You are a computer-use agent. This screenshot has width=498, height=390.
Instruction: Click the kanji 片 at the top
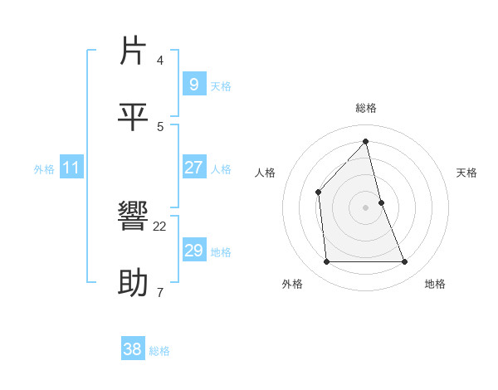[x=134, y=51]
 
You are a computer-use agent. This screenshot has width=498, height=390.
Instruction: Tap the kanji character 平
[x=134, y=117]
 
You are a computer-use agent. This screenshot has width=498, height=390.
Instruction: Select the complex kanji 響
[x=134, y=217]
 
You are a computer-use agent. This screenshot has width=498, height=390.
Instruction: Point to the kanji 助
[x=134, y=283]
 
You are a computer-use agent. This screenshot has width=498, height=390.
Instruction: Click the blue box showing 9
[x=193, y=84]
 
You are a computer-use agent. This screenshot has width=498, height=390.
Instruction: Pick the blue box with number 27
[x=193, y=167]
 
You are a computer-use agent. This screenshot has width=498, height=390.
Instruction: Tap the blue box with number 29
[x=193, y=250]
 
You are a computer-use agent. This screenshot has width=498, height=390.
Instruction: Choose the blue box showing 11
[x=71, y=168]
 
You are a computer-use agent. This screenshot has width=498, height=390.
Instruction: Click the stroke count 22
[x=160, y=226]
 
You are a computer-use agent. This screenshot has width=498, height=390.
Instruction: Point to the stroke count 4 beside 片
[x=160, y=60]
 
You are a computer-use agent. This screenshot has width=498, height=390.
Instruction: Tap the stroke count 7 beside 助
[x=160, y=292]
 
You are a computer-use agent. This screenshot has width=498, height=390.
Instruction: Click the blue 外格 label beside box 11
[x=44, y=168]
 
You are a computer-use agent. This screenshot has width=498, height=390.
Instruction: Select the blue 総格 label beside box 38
[x=159, y=351]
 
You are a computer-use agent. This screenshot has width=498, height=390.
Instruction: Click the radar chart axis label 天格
[x=467, y=173]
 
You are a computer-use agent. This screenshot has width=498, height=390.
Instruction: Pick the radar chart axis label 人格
[x=266, y=173]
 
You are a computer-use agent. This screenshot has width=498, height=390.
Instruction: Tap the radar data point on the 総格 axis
[x=366, y=142]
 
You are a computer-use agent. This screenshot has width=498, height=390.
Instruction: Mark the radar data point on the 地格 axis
[x=405, y=262]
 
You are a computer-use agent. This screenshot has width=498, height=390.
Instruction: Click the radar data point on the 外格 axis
[x=326, y=262]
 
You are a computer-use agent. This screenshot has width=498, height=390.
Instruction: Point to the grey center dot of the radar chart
[x=366, y=207]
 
